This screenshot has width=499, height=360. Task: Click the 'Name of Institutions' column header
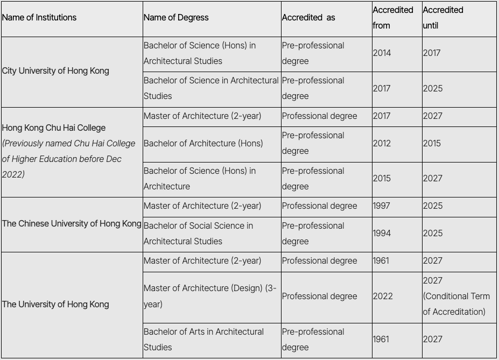[39, 18]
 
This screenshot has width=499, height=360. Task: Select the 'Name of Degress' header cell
[176, 18]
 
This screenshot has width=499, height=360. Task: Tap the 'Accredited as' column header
[308, 18]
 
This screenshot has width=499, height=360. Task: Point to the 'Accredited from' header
[393, 18]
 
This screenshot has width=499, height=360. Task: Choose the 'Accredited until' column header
[443, 18]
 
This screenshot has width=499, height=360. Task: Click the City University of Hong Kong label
[55, 71]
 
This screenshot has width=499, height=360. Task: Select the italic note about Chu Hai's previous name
[68, 159]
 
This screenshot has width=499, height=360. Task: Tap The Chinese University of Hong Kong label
[72, 224]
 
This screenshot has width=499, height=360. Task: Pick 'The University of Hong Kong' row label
[55, 305]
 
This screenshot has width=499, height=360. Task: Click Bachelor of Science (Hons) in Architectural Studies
[200, 53]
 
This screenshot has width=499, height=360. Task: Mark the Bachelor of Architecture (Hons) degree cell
[203, 144]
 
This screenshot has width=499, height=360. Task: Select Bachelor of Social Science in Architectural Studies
[198, 234]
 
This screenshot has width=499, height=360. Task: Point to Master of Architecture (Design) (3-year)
[210, 296]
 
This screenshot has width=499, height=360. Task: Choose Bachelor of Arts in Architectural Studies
[203, 340]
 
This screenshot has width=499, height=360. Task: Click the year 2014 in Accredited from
[382, 53]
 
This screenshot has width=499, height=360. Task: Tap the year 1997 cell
[381, 206]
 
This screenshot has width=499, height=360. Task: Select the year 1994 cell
[382, 234]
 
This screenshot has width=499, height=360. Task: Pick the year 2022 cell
[383, 297]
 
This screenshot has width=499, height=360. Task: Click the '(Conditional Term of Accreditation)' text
[456, 304]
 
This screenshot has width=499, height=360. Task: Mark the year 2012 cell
[382, 144]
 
